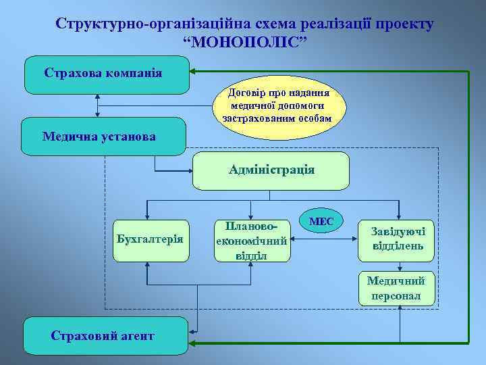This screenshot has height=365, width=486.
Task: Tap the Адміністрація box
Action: [x=271, y=170]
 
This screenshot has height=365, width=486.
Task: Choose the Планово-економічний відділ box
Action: [x=252, y=239]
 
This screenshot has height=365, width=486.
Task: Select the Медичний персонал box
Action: [x=401, y=289]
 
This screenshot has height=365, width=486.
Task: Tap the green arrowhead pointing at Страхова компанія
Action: [x=194, y=71]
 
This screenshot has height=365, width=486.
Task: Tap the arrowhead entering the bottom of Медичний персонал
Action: [x=401, y=308]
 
